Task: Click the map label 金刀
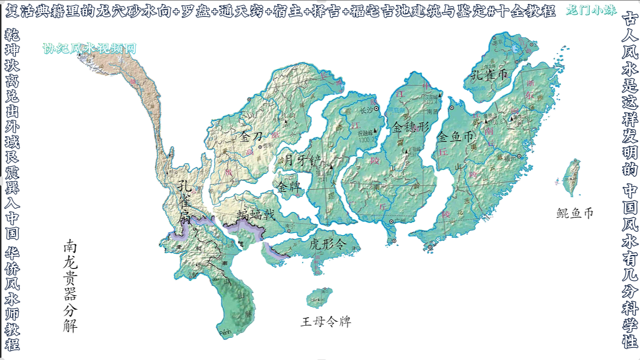(x=251, y=137)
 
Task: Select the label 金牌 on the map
(x=289, y=187)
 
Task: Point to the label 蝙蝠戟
(x=256, y=214)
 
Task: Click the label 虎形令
(x=328, y=243)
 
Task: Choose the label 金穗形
(x=411, y=127)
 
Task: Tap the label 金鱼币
(x=455, y=137)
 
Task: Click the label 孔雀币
(x=489, y=75)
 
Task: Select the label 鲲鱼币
(x=575, y=213)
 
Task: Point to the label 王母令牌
(x=326, y=321)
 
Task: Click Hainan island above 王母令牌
(x=320, y=298)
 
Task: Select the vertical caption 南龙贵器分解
(x=70, y=286)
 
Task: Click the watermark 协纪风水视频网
(x=89, y=49)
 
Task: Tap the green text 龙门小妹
(x=591, y=10)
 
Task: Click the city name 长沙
(x=366, y=110)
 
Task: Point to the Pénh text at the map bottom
(x=226, y=333)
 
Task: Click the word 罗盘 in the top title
(x=195, y=11)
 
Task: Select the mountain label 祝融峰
(x=365, y=133)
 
